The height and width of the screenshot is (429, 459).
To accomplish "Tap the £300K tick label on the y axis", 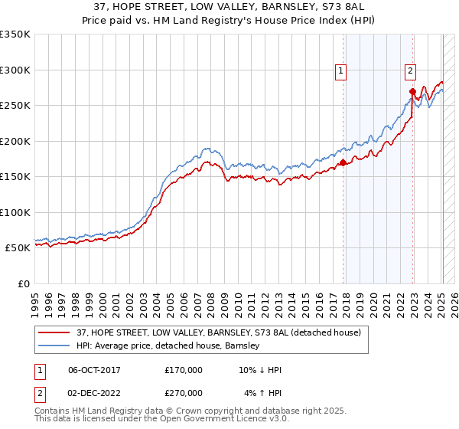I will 15,70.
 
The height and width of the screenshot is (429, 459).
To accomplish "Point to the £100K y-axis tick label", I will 15,212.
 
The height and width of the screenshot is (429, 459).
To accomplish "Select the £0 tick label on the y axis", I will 23,283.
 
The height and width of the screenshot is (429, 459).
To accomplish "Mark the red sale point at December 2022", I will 412,92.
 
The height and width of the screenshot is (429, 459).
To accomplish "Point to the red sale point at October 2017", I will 343,162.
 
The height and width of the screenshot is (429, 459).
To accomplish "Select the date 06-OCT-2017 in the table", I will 94,370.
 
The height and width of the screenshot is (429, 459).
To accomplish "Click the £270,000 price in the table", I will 184,392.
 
